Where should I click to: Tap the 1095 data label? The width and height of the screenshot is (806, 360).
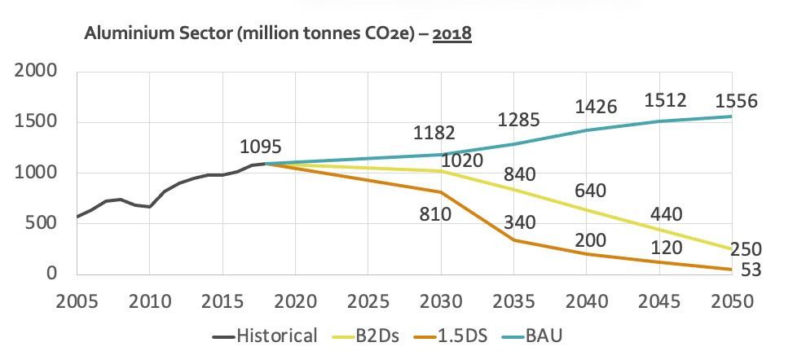tap(261, 147)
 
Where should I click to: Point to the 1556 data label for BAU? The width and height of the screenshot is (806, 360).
tap(736, 102)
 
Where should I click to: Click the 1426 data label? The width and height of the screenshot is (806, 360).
tap(595, 107)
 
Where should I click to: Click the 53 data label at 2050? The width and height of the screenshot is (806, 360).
tap(750, 270)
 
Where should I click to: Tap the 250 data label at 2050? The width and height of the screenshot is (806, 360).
tap(745, 250)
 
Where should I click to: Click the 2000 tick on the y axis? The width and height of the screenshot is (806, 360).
tap(36, 72)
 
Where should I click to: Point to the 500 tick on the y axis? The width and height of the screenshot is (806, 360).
tap(42, 223)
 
